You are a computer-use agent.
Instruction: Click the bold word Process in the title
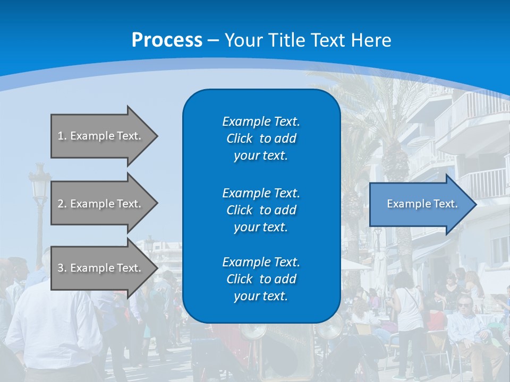(167, 40)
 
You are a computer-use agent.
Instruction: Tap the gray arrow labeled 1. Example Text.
(101, 136)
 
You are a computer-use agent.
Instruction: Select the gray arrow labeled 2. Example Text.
(101, 204)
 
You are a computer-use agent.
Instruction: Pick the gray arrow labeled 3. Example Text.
(101, 268)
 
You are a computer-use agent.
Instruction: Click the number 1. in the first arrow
(62, 136)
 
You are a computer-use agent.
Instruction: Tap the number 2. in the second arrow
(62, 204)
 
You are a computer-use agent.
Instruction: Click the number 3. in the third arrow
(62, 268)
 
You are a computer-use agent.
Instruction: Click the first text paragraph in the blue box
(261, 138)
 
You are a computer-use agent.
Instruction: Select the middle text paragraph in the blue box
(261, 210)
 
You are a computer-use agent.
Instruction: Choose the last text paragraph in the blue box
(261, 279)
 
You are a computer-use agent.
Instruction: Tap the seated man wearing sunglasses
(466, 324)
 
